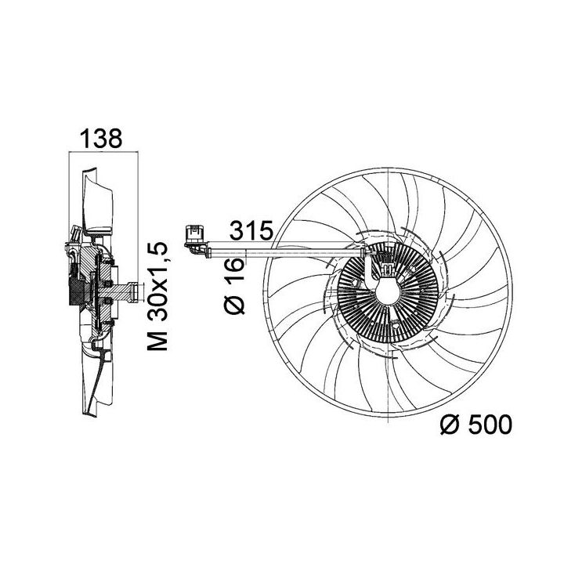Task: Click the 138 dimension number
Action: point(101,139)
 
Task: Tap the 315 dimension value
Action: point(251,230)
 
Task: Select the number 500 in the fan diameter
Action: point(490,425)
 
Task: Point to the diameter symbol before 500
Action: point(450,425)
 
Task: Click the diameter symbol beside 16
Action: point(235,304)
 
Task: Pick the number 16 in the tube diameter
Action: point(235,269)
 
